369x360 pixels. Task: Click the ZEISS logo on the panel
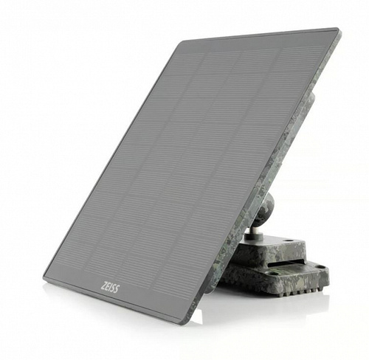tap(110, 288)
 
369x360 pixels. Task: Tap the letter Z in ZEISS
tap(103, 286)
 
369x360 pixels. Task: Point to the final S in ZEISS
tap(116, 289)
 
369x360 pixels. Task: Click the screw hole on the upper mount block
tap(289, 240)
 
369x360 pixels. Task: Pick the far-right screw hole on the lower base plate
tap(320, 266)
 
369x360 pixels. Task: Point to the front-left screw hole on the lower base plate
tap(274, 273)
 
